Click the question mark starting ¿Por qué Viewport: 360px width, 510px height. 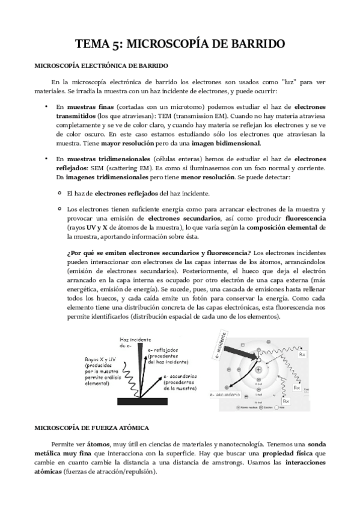pyautogui.click(x=68, y=251)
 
